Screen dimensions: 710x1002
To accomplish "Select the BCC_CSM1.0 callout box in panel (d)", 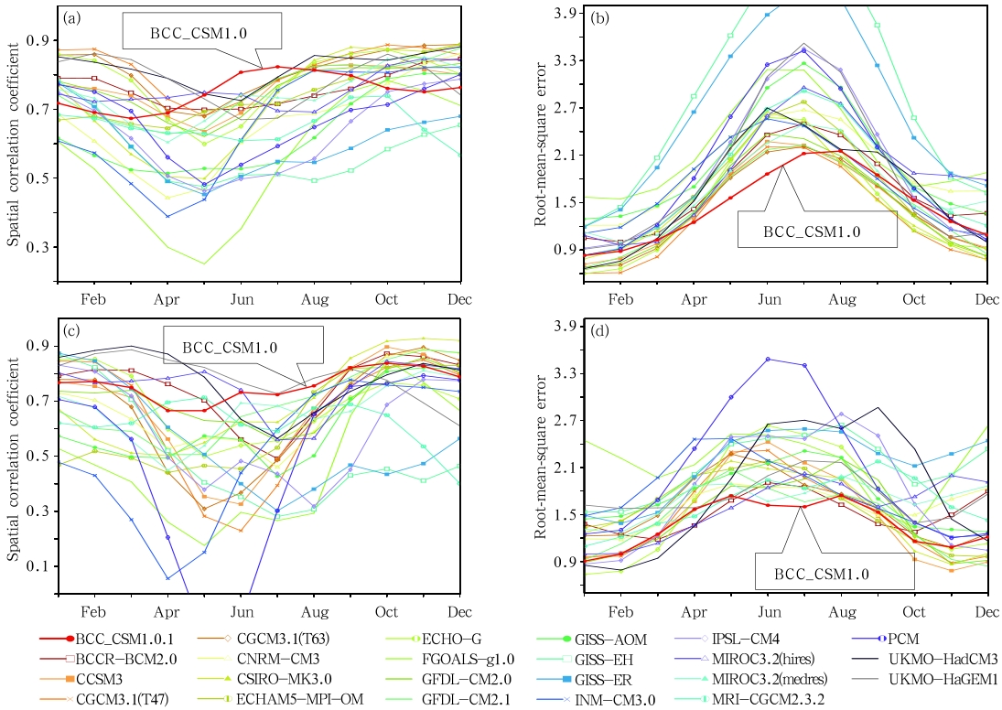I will point(833,573).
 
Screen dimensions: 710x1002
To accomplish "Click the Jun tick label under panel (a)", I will point(241,298).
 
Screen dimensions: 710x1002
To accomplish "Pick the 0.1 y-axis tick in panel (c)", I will point(38,567).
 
